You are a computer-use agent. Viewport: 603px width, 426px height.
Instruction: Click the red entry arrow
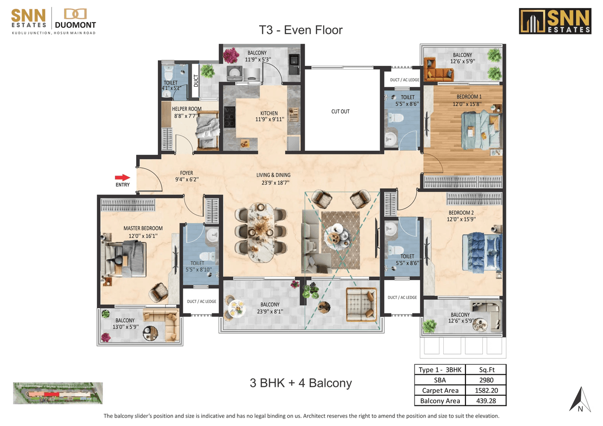[122, 177]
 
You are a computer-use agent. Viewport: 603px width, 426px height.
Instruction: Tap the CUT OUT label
[340, 112]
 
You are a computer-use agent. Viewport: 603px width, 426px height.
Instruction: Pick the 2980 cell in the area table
[486, 380]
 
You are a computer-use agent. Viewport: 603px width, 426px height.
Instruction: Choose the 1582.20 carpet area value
[486, 390]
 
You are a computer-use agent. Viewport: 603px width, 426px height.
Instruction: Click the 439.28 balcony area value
[486, 401]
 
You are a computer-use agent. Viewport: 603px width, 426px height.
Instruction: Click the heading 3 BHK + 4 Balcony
[301, 383]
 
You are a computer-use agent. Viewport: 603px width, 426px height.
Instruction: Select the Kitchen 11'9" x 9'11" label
[269, 116]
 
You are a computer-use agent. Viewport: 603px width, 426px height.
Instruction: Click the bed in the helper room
[206, 129]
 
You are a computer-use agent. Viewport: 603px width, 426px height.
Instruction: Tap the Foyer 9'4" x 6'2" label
[186, 176]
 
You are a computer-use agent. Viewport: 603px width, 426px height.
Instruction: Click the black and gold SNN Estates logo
[555, 21]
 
